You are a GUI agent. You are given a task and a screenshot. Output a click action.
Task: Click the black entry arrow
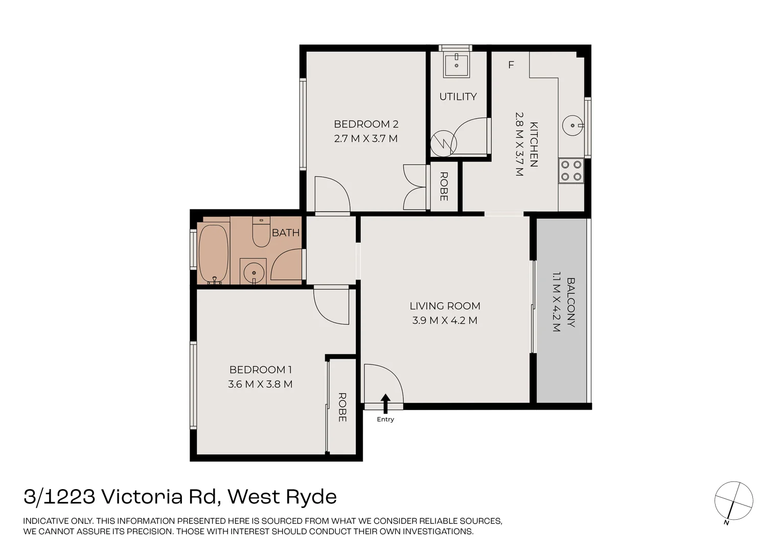385,404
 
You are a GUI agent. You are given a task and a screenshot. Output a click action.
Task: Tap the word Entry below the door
385,419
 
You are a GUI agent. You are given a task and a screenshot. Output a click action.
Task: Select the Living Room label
445,306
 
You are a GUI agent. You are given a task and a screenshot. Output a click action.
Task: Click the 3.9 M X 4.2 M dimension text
445,320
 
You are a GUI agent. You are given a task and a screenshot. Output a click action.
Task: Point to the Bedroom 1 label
261,370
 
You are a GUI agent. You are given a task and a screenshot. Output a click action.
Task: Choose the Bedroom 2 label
366,124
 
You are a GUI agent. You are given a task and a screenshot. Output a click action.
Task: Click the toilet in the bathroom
261,232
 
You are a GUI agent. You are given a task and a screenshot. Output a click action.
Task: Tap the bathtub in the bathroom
214,254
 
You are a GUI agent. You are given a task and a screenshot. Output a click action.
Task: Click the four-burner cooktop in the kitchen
571,171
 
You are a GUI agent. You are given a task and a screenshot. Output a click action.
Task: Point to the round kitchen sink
572,126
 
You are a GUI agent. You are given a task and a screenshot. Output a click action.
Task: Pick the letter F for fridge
511,65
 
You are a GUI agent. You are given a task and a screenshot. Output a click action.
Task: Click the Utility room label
458,97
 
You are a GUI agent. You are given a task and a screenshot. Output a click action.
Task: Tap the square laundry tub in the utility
456,65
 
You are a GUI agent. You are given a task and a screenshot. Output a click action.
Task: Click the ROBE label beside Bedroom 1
342,407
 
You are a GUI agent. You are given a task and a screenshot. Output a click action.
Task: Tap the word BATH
286,233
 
